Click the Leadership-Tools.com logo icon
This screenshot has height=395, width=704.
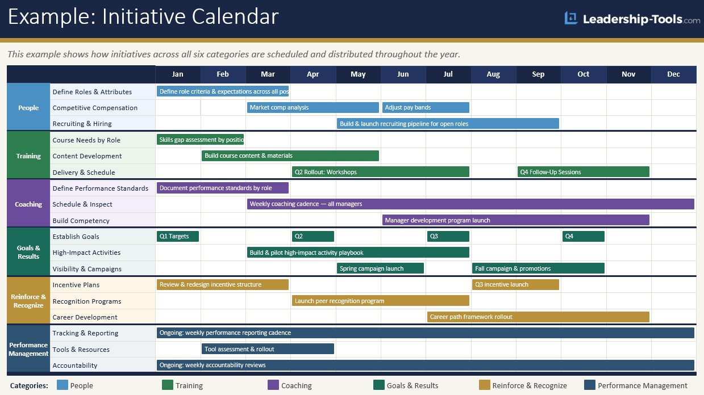(x=570, y=19)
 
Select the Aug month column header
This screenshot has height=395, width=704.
(x=493, y=74)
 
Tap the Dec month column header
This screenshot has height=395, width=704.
(x=673, y=74)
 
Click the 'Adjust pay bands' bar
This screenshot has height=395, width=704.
(x=426, y=107)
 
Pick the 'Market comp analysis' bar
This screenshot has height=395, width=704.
(x=313, y=107)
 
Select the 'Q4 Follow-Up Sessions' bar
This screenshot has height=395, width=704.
(x=583, y=172)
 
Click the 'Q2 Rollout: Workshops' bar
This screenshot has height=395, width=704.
(x=380, y=172)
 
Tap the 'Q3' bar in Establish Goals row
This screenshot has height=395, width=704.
(x=448, y=236)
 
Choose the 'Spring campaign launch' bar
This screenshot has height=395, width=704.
(x=380, y=268)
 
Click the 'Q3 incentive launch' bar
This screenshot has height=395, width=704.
(x=515, y=284)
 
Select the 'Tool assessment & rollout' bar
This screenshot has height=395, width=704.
(x=268, y=349)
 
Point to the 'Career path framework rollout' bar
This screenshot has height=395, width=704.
(x=538, y=317)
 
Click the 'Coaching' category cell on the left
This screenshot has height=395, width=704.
(x=28, y=204)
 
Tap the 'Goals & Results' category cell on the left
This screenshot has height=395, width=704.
(x=28, y=252)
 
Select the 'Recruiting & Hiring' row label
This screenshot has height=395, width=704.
(x=82, y=124)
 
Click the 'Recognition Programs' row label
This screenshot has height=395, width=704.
(x=87, y=301)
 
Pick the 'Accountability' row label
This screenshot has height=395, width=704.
(x=75, y=365)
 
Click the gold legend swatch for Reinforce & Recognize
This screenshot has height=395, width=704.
(x=485, y=385)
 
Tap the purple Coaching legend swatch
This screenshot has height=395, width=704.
(x=273, y=385)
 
